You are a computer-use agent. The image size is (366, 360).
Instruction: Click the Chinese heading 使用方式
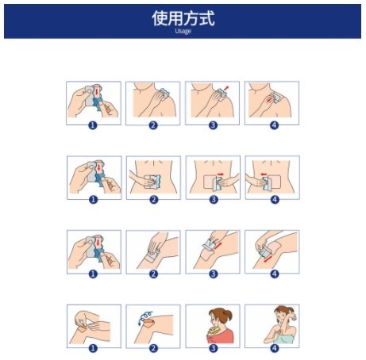[183, 18]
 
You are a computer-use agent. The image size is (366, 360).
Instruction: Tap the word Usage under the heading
[183, 31]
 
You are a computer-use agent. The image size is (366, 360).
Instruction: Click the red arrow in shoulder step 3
[226, 88]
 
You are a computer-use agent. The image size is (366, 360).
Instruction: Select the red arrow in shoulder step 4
[269, 100]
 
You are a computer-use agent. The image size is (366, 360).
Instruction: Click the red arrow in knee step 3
[218, 246]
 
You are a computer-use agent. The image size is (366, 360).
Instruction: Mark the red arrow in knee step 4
[268, 259]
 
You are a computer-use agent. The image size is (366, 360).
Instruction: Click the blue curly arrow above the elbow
[145, 317]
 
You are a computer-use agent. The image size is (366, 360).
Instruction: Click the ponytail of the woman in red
[229, 316]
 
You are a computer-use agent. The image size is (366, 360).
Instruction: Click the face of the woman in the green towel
[280, 315]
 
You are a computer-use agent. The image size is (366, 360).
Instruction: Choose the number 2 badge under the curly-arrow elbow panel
[153, 348]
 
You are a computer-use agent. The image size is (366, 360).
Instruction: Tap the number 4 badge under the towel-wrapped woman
[274, 348]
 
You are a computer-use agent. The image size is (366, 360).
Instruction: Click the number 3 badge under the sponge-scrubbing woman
[214, 348]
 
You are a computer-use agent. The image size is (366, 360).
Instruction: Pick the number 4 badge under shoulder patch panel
[274, 125]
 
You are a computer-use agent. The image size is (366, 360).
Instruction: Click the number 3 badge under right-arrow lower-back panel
[214, 200]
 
